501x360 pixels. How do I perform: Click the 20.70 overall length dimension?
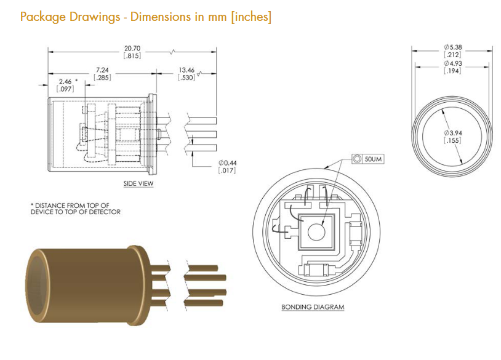pos(132,49)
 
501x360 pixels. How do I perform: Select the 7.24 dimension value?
pos(102,70)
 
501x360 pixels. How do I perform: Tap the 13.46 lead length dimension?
pos(186,70)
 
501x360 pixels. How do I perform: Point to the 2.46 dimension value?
pos(65,82)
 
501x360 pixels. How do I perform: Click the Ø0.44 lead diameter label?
pos(228,163)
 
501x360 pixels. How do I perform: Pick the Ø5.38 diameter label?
pos(453,47)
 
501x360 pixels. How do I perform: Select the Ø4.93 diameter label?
pos(453,63)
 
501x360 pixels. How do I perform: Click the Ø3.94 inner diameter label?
pos(453,133)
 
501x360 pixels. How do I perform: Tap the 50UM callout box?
pos(368,159)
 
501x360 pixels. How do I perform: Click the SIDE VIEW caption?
pos(138,183)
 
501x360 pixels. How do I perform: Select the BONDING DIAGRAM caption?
pos(313,307)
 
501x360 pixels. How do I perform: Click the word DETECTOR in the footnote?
pos(105,212)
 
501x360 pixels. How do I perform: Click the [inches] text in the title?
pos(251,17)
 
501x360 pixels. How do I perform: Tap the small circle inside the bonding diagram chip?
pos(316,232)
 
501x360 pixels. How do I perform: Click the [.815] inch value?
pos(132,56)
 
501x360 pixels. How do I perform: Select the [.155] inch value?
pos(453,140)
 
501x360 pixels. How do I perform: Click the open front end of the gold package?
pos(37,286)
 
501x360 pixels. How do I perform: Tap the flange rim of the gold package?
pos(140,286)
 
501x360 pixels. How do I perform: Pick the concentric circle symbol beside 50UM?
pos(357,159)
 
